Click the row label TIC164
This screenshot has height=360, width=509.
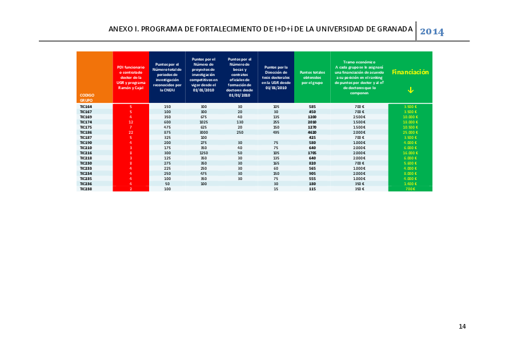coord(86,107)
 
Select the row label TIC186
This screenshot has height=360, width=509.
coord(86,133)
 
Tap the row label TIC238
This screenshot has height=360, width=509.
coord(86,189)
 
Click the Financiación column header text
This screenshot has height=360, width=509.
coord(410,72)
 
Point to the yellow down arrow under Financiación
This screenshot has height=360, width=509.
coord(410,90)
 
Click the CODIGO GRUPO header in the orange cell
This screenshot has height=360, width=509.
coord(87,97)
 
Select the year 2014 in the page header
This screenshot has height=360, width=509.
coord(432,31)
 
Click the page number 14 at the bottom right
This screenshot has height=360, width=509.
coord(462,326)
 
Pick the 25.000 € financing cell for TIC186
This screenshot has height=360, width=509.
coord(410,133)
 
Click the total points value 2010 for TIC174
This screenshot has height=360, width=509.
coord(312,122)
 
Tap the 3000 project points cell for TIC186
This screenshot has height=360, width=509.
coord(203,133)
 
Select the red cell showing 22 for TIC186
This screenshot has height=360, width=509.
coord(131,133)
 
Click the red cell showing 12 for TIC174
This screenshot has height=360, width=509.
coord(131,122)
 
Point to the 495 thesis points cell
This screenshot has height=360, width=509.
coord(276,133)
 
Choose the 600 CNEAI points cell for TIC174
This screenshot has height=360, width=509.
coord(167,122)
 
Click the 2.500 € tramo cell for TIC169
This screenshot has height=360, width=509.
coord(359,117)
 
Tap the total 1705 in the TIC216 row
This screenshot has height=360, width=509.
coord(312,153)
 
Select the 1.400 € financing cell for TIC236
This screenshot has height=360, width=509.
coord(410,183)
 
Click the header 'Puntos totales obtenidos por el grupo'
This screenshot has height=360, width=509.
coord(312,77)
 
